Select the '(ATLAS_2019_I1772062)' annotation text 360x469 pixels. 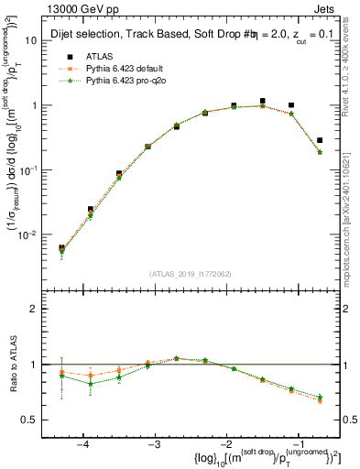click(191, 273)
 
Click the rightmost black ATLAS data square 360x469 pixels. click(319, 140)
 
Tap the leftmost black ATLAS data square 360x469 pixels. click(61, 247)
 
